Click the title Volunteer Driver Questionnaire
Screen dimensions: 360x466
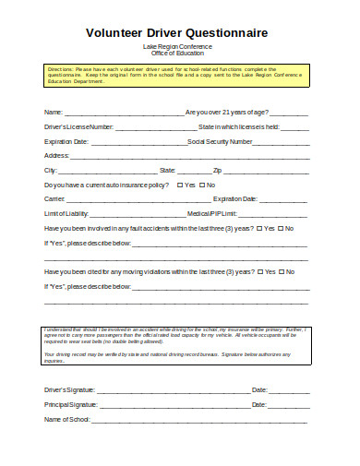(x=177, y=32)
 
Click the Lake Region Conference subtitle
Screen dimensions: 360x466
(x=177, y=46)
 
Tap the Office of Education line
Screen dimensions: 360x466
(x=177, y=53)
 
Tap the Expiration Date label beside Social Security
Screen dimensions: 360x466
(x=66, y=141)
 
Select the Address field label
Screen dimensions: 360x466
(x=58, y=156)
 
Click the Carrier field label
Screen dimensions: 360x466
(x=54, y=199)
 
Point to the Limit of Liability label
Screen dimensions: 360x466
(x=70, y=214)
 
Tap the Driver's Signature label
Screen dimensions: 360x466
(x=69, y=389)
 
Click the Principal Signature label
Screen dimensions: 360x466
(x=70, y=404)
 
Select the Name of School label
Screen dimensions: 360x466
(x=66, y=420)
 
